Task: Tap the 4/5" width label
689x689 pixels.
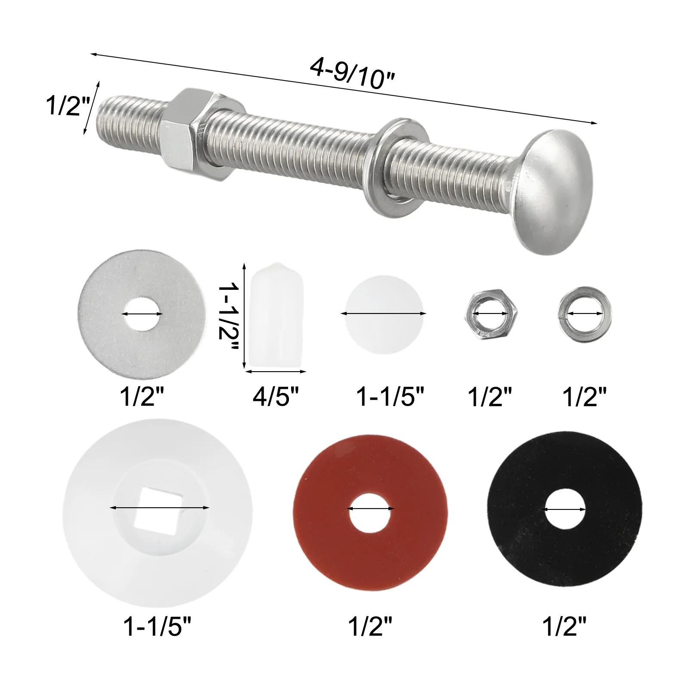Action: [276, 397]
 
